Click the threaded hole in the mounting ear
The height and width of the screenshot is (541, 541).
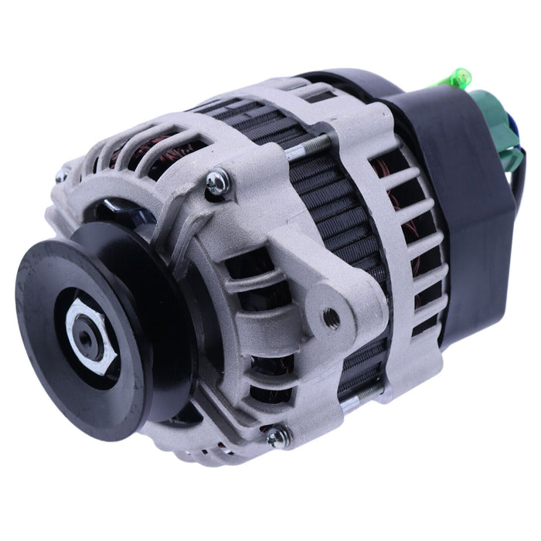(x=331, y=315)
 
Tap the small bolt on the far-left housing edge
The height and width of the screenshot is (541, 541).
(x=60, y=175)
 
